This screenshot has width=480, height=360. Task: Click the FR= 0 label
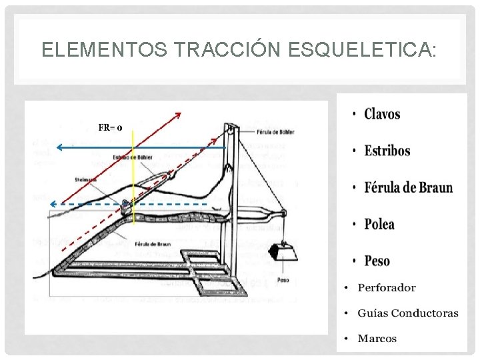110,127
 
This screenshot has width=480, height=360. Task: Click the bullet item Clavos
382,114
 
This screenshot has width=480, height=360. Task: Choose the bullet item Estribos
387,150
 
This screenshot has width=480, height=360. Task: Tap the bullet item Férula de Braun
408,187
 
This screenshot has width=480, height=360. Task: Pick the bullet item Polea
379,224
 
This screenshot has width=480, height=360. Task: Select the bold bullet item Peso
377,261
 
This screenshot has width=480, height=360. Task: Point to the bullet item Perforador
386,288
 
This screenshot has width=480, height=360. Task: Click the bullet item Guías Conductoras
407,313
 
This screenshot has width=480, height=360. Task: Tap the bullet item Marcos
377,338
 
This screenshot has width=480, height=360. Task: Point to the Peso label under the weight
283,280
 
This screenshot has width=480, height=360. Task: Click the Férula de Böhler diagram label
275,131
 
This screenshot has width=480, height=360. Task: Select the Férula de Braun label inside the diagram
152,244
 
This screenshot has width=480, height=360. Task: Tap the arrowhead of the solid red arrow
179,115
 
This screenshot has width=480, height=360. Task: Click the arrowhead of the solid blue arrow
59,145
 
